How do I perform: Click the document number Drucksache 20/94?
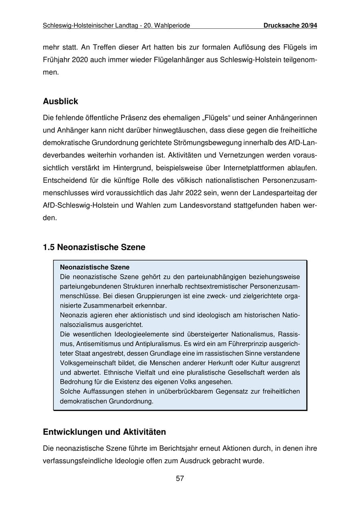(290, 26)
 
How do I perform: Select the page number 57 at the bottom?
(180, 479)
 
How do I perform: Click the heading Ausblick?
(60, 101)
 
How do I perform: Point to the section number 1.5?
(48, 247)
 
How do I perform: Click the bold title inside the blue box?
(95, 267)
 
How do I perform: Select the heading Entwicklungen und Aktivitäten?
(104, 432)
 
